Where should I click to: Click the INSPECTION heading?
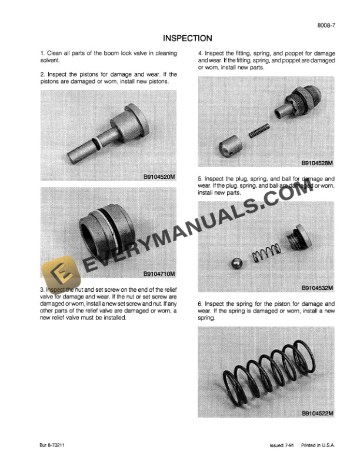coord(187,38)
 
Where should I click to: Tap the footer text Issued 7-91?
coord(276,446)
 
